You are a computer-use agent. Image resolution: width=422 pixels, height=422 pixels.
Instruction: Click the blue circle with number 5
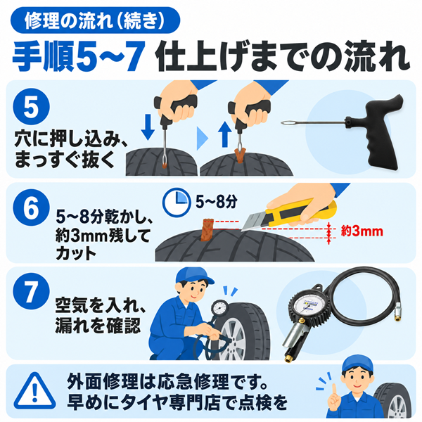click(31, 107)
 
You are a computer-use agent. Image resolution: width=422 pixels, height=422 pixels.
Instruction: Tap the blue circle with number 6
click(31, 207)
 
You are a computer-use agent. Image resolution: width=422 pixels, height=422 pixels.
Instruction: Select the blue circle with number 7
click(31, 291)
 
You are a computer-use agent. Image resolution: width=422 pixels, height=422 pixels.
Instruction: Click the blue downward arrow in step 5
click(148, 127)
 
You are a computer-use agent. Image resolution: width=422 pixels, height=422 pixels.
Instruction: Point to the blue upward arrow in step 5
click(225, 134)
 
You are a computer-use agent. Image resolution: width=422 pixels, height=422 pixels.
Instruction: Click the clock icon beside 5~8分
click(177, 202)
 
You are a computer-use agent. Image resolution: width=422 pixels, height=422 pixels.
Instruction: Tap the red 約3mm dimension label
click(362, 231)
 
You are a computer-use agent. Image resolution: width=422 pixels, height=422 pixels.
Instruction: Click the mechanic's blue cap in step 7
click(194, 276)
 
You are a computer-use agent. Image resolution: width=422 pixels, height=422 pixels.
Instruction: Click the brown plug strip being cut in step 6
click(207, 230)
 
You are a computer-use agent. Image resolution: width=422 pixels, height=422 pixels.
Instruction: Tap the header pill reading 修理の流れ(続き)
click(95, 20)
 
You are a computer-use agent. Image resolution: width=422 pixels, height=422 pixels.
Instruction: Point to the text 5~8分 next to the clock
click(217, 202)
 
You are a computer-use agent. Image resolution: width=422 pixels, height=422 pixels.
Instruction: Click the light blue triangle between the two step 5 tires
click(203, 138)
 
